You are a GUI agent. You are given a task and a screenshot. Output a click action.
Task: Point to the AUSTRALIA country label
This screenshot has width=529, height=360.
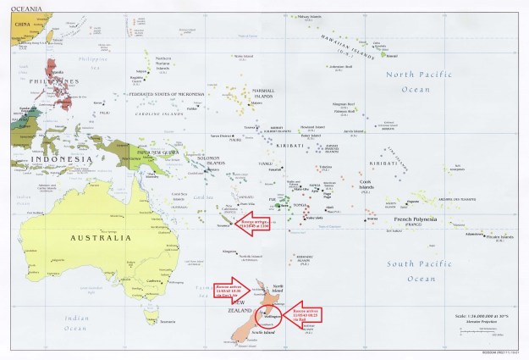(x=101, y=238)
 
